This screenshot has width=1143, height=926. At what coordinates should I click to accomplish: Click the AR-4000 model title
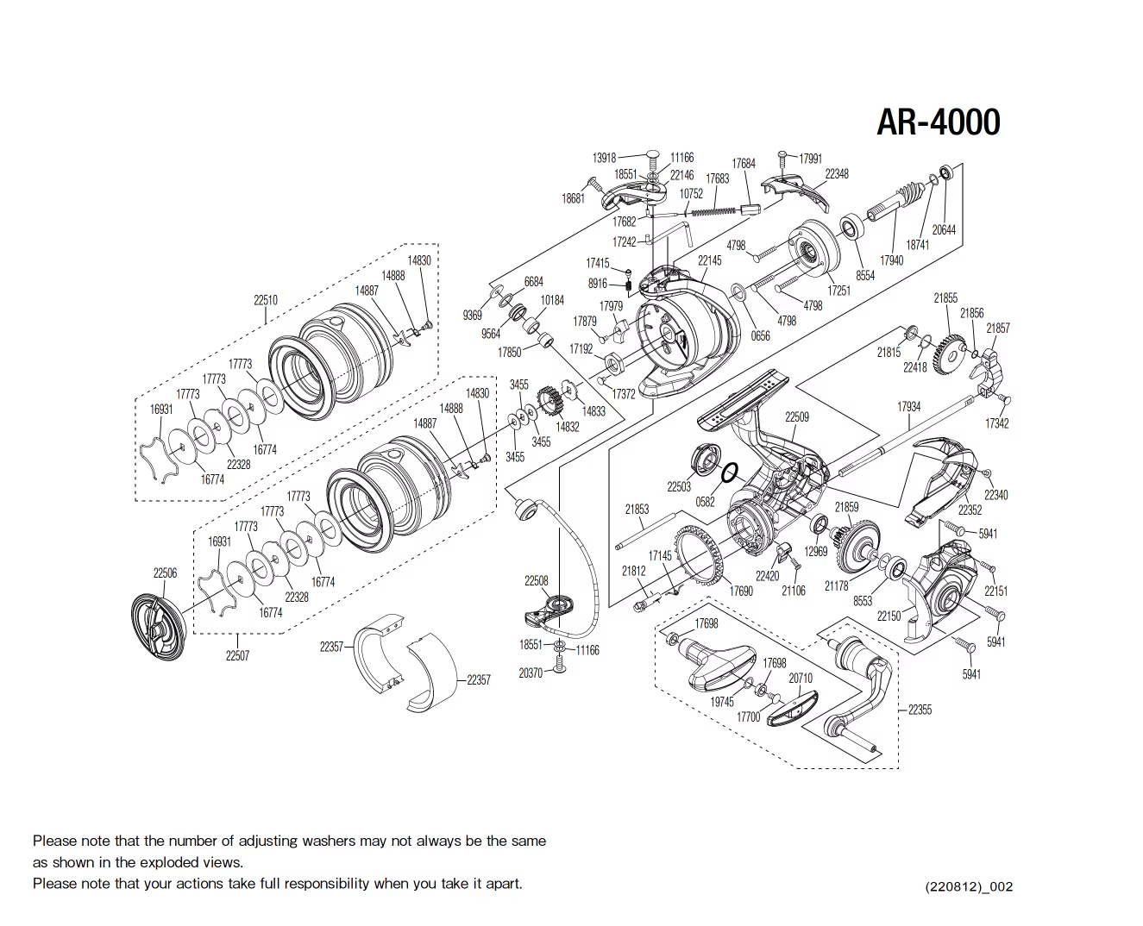click(938, 122)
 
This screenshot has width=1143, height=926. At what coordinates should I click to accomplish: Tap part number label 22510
click(266, 300)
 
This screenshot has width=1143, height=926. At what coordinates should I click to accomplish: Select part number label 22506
click(165, 573)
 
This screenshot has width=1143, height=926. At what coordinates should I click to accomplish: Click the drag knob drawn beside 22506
click(158, 626)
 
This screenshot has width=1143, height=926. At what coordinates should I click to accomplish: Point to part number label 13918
click(604, 158)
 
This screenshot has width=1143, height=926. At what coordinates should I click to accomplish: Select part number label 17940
click(891, 260)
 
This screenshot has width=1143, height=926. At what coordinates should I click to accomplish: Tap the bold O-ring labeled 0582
click(729, 473)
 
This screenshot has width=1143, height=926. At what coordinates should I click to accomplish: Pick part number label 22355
click(920, 710)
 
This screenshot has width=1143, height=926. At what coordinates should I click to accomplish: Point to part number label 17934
click(908, 407)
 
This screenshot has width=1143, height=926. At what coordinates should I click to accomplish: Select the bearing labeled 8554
click(851, 228)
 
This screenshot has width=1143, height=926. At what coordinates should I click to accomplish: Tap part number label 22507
click(237, 656)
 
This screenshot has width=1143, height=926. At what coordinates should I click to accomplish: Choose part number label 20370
click(531, 673)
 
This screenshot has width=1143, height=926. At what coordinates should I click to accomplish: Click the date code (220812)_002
click(969, 887)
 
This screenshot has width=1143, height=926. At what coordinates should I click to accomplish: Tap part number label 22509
click(797, 417)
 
